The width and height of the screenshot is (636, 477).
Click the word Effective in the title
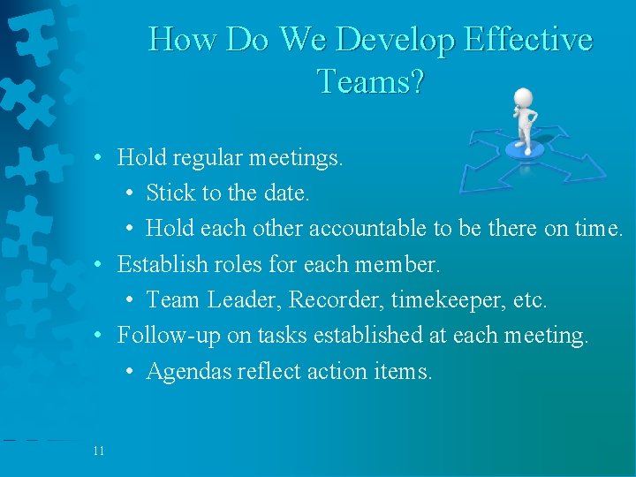tap(527, 40)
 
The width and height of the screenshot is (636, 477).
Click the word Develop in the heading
tap(394, 40)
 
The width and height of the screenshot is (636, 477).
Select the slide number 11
tap(98, 451)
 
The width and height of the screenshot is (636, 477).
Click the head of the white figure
tap(524, 97)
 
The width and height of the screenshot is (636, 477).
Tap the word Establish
tap(163, 264)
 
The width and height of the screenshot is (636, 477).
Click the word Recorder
tap(323, 300)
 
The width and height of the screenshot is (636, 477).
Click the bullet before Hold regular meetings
tap(102, 158)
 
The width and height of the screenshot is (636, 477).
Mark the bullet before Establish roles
tap(102, 264)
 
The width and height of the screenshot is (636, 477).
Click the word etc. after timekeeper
tap(530, 300)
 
